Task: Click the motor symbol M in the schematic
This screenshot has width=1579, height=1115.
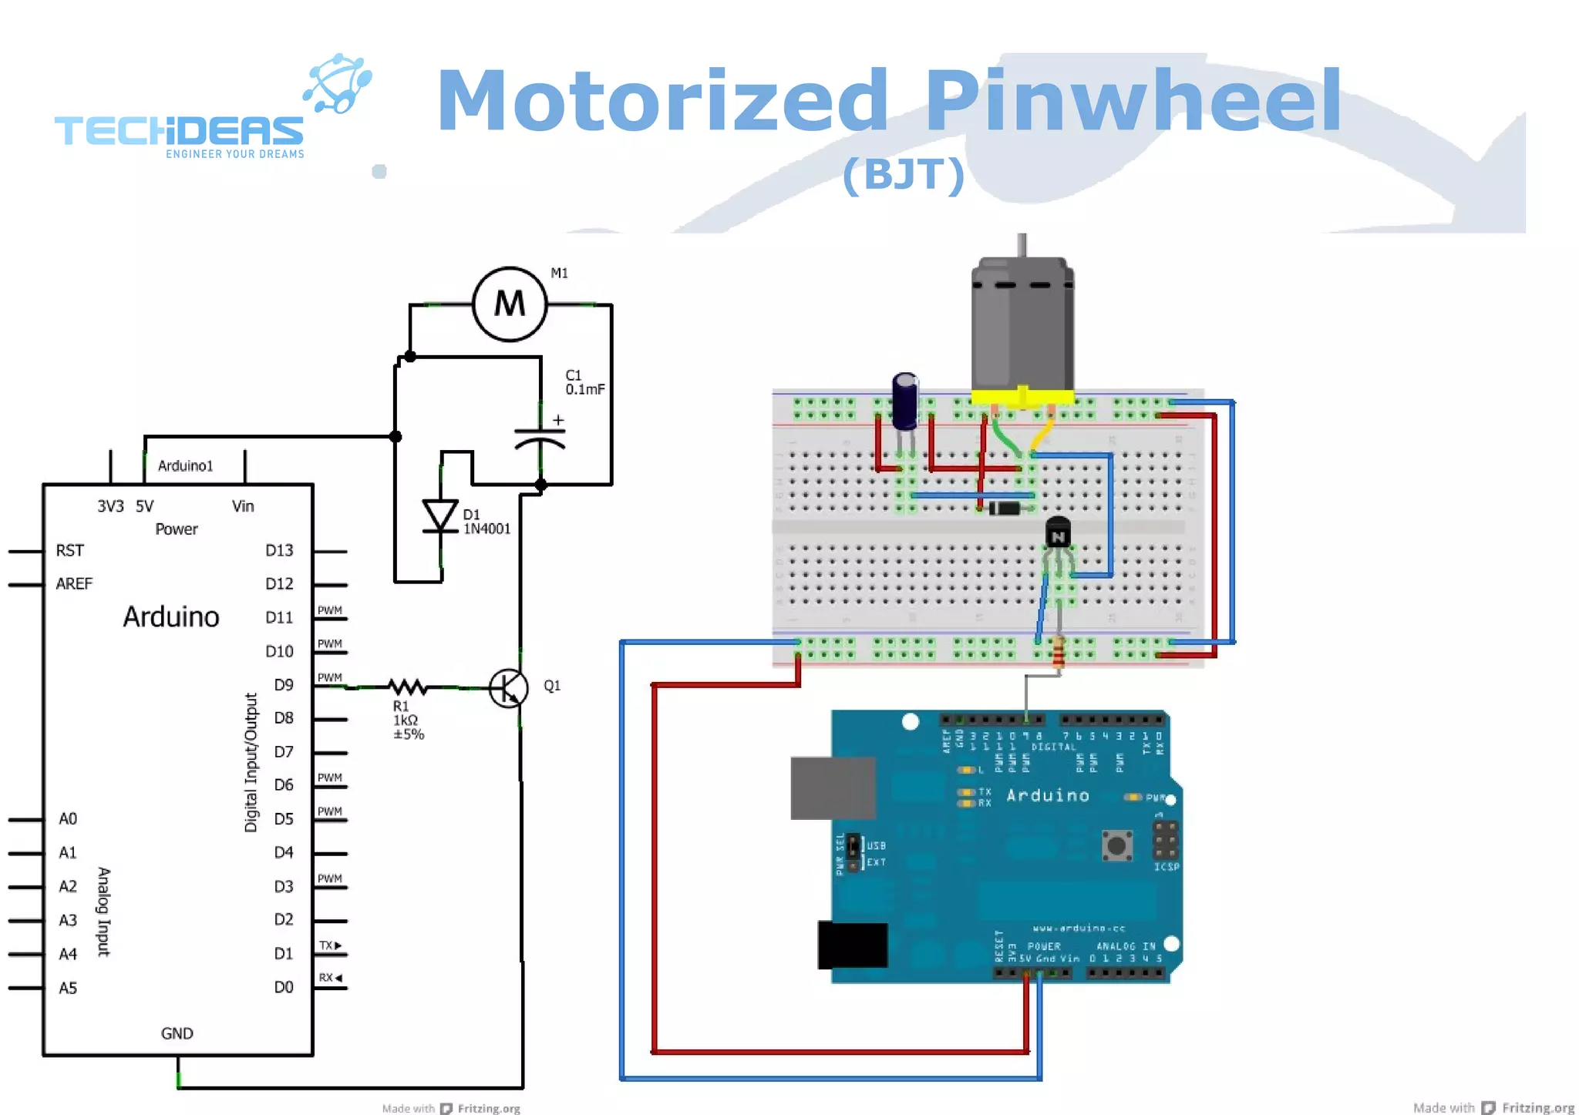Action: pos(510,304)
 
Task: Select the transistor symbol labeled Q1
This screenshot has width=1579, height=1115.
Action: pos(509,688)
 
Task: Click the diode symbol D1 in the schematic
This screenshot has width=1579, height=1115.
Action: pos(441,516)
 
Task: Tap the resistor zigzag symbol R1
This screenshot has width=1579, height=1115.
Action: pos(407,687)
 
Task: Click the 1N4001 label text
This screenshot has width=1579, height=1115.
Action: pos(486,529)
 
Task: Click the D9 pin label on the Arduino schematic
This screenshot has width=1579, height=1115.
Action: pos(284,684)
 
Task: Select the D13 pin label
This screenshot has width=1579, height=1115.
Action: pos(279,550)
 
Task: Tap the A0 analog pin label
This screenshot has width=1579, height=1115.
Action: pos(68,818)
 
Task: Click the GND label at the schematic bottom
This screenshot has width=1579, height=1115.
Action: pos(177,1033)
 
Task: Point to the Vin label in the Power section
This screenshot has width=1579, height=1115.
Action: pos(243,506)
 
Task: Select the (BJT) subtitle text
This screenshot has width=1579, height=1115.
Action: pos(903,174)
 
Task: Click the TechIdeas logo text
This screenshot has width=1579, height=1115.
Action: pos(179,131)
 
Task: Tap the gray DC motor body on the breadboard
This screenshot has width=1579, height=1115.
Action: pos(1022,324)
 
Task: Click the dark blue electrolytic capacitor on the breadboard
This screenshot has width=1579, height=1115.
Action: pos(905,401)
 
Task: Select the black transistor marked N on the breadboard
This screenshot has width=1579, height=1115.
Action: pos(1058,533)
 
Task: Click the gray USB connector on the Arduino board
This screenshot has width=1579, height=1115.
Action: pos(833,788)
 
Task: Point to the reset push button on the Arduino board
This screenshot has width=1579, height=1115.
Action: pos(1116,845)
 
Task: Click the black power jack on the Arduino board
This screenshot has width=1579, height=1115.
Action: pos(852,945)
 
